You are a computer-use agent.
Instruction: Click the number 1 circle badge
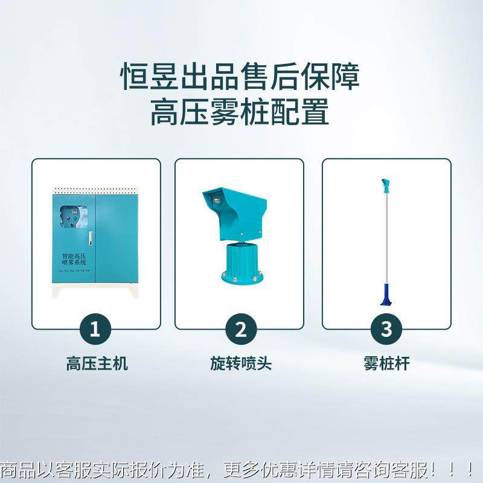[95, 330]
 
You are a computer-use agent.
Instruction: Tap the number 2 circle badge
[240, 330]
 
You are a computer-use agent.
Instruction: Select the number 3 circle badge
[386, 330]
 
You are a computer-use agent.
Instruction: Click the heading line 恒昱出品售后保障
[240, 77]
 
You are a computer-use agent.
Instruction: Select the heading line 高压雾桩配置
[240, 112]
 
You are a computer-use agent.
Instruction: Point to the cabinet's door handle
[91, 239]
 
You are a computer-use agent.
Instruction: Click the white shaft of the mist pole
[385, 241]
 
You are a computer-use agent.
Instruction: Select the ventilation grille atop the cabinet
[97, 190]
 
